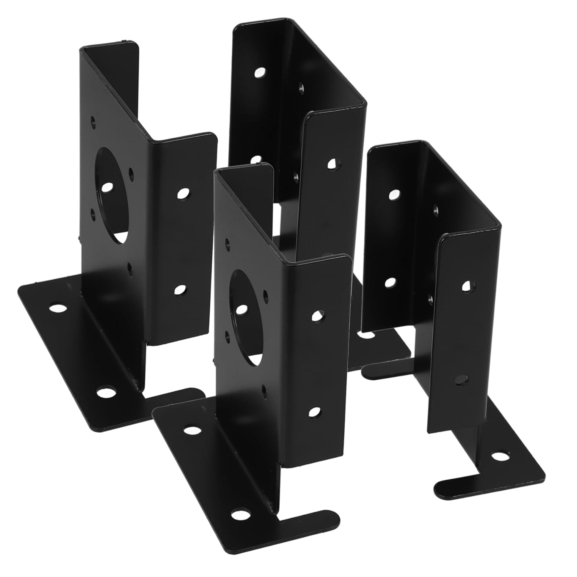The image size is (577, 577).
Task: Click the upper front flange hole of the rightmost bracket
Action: click(x=466, y=285)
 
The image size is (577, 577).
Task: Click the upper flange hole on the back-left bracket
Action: click(x=183, y=193)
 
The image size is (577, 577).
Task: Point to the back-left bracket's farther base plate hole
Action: click(x=57, y=308)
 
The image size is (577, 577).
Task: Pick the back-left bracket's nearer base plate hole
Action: click(x=103, y=393)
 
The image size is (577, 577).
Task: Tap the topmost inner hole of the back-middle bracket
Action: click(x=260, y=72)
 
